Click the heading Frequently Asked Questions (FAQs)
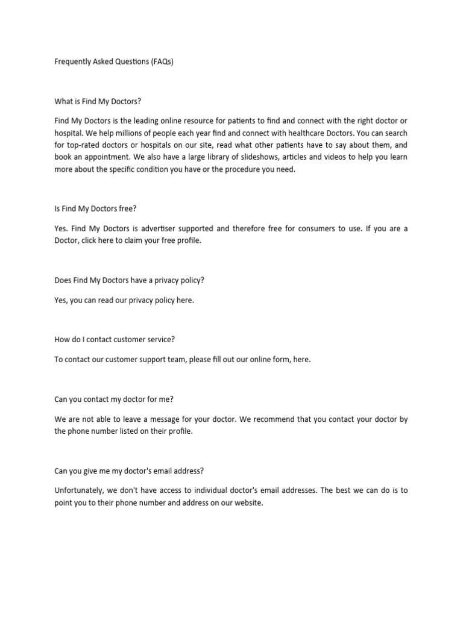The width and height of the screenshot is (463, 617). [x=114, y=61]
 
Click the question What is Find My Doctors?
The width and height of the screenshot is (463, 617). [x=98, y=101]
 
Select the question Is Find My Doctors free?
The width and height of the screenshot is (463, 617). [x=95, y=208]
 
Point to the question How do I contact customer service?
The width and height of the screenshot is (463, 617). [x=115, y=339]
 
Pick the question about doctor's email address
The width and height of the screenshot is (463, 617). [x=132, y=471]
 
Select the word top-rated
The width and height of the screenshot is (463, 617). [x=85, y=145]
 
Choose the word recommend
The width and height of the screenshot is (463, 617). [x=269, y=419]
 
